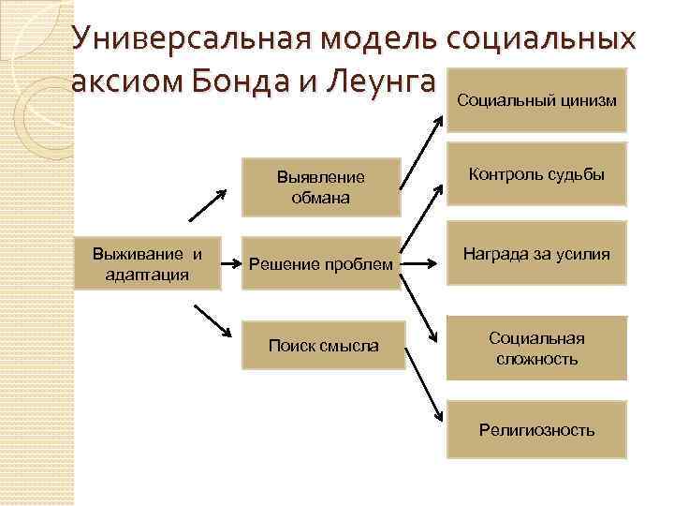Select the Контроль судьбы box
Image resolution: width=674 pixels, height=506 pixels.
pos(535,174)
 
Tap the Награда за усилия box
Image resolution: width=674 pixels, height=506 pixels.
pos(535,254)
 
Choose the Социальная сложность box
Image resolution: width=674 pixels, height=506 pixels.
pos(535,348)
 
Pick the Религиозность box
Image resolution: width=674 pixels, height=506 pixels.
pos(535,430)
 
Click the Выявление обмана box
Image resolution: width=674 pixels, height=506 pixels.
pos(321,186)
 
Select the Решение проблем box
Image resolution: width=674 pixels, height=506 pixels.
pos(321,265)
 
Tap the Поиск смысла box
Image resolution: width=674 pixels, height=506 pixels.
pos(323,346)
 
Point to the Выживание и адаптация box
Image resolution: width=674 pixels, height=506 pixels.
pos(147,264)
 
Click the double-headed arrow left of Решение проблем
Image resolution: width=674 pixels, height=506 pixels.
pos(232,265)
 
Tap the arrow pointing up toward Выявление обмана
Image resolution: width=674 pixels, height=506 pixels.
pos(209,205)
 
